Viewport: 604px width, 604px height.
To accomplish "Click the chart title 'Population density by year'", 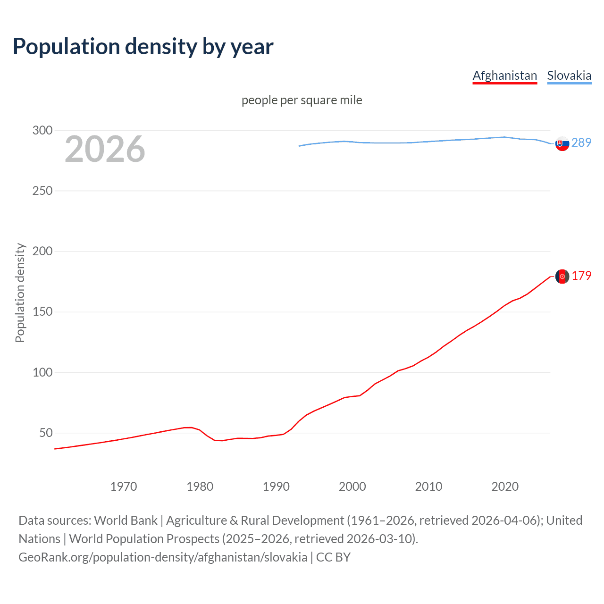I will pyautogui.click(x=143, y=47).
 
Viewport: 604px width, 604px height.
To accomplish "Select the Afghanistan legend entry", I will pyautogui.click(x=505, y=75).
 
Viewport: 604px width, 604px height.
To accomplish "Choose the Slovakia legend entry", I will pyautogui.click(x=569, y=75).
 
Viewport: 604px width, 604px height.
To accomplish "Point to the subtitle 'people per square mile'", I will pyautogui.click(x=302, y=100).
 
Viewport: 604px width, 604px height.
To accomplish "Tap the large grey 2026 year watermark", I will pyautogui.click(x=105, y=149).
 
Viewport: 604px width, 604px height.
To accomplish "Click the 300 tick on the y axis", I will pyautogui.click(x=42, y=130).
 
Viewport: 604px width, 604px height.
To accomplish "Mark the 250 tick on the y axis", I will pyautogui.click(x=42, y=191).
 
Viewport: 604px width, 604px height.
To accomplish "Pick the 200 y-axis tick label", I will pyautogui.click(x=42, y=251).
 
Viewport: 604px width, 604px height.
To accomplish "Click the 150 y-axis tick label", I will pyautogui.click(x=42, y=312).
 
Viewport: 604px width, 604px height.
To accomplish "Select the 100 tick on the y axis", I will pyautogui.click(x=42, y=372).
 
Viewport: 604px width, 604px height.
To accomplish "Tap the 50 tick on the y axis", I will pyautogui.click(x=46, y=433).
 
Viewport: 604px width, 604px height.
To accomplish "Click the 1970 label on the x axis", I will pyautogui.click(x=124, y=487).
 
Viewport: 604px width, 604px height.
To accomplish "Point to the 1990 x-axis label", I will pyautogui.click(x=276, y=487).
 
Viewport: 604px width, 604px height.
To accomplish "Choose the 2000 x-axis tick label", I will pyautogui.click(x=352, y=487).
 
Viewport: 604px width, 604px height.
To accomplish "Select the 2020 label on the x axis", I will pyautogui.click(x=505, y=487).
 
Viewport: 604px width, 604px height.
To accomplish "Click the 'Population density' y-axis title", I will pyautogui.click(x=20, y=293).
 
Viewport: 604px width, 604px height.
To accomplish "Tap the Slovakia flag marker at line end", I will pyautogui.click(x=562, y=143).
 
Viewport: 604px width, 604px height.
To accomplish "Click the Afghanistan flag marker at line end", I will pyautogui.click(x=562, y=277).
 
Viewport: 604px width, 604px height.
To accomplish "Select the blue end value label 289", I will pyautogui.click(x=581, y=143).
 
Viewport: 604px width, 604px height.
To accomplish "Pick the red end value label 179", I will pyautogui.click(x=581, y=276).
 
